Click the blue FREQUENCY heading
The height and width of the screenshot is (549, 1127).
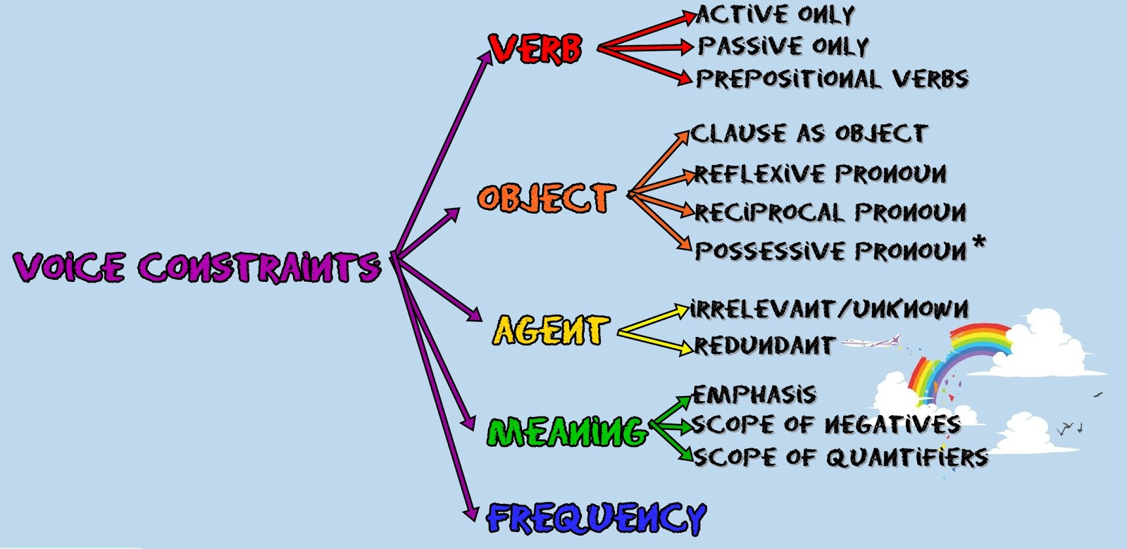pos(596,519)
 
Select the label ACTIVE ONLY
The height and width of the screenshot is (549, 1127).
pos(776,15)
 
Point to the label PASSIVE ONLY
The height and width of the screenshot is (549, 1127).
pos(783,47)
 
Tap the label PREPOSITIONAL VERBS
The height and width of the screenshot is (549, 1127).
pos(832,78)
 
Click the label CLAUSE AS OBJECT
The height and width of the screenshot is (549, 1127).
pos(809,133)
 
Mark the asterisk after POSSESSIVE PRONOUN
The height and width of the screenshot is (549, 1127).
pos(978,244)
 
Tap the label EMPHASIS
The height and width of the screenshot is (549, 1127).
pos(754,394)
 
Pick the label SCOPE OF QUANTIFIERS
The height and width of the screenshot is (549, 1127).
pos(840,457)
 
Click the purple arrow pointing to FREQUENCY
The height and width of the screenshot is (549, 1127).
pos(437,395)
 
